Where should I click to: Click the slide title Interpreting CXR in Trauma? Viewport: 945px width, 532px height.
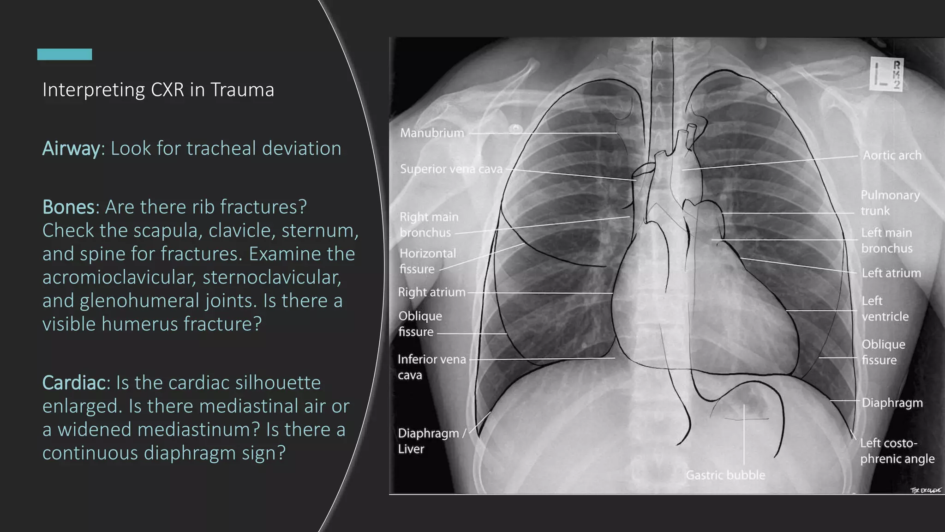[158, 90]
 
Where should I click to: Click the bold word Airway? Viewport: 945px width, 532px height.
[71, 149]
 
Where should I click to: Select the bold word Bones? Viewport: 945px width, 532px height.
[68, 207]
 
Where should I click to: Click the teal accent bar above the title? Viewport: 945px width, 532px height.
[65, 54]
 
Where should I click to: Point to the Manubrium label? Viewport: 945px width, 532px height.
[432, 133]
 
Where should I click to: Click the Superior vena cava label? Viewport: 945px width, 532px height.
[451, 169]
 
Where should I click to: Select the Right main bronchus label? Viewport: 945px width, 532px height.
[429, 224]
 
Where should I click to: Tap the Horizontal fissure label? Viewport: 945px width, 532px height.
[427, 261]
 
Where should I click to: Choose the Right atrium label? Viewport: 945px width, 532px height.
[431, 292]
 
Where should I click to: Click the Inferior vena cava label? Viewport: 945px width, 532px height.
[431, 367]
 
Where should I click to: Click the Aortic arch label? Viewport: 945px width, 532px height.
[892, 155]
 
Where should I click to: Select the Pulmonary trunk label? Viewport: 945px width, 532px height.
[890, 203]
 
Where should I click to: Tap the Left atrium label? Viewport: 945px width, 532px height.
[891, 273]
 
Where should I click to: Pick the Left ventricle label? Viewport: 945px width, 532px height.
[885, 308]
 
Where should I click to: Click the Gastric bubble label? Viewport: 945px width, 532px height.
[725, 475]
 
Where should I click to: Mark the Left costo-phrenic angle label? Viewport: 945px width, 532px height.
[897, 451]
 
